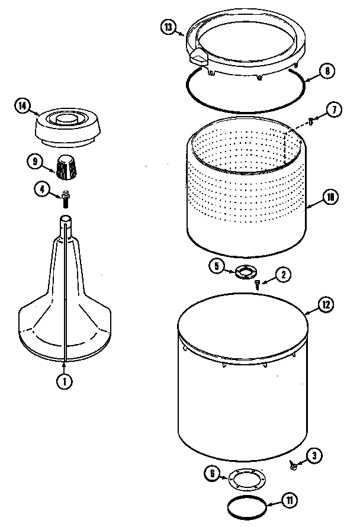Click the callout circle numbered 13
pos(169,27)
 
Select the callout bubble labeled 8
pos(326,72)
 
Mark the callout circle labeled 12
pos(325,306)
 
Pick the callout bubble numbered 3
pos(314,455)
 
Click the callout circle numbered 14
pos(22,107)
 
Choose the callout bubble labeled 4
pos(41,190)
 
